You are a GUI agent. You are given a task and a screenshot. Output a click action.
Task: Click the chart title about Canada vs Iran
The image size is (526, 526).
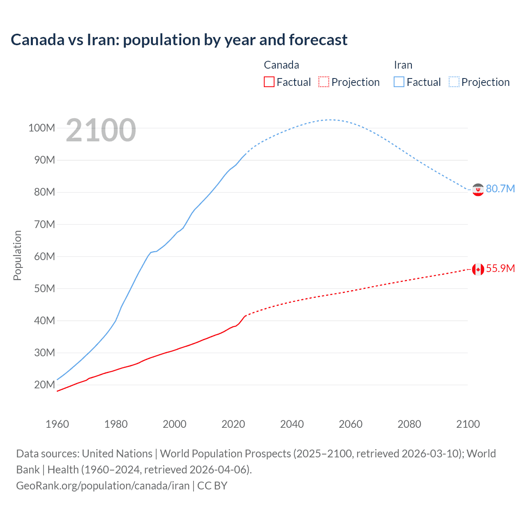coord(179,40)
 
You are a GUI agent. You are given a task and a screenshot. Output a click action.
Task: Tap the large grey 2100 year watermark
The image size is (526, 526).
coord(101,130)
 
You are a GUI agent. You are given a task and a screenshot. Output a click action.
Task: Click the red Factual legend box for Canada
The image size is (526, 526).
coord(269,82)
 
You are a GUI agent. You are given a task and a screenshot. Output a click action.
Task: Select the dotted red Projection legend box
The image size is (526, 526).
coord(324,82)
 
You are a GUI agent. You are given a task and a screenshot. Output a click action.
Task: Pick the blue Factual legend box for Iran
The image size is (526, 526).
coord(399,82)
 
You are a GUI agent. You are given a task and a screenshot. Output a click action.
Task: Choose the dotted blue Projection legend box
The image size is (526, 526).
coord(454,82)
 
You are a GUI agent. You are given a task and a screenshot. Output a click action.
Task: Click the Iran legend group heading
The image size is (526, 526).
coord(403,65)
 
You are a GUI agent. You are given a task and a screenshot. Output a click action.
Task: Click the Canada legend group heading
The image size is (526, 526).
coord(281,65)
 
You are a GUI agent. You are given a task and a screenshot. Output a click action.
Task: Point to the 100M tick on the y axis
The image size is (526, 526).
coord(42,128)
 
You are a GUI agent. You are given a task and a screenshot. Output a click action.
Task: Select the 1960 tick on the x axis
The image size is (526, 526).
coord(57,424)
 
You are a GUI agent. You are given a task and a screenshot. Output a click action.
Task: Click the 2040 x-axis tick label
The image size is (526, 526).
coord(292,424)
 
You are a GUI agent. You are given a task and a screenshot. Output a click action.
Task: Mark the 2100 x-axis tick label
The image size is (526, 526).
coord(468,424)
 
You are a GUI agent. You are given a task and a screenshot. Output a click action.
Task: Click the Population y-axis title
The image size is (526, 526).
coord(17,255)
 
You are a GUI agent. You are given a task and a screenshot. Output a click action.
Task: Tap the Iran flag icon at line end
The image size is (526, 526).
coord(478,189)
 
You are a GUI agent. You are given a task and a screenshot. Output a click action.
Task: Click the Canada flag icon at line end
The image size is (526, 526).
coord(478,269)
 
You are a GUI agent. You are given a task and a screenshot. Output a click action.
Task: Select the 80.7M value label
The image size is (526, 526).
coord(500,189)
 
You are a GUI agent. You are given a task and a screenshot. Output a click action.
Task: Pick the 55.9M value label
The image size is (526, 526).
coord(500,268)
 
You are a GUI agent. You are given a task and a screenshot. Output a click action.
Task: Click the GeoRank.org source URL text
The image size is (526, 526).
coord(103,486)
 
